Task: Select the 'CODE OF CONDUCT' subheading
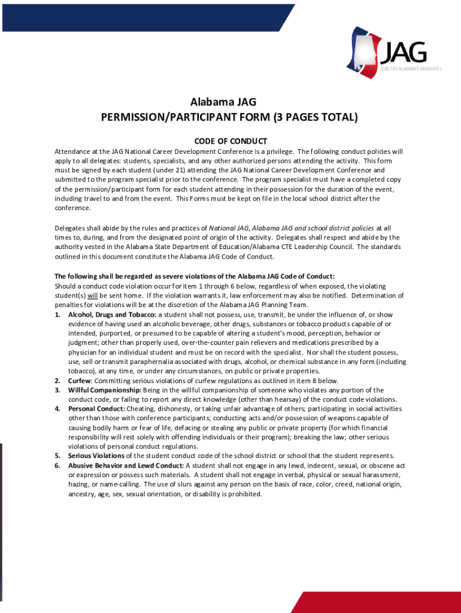coord(230,141)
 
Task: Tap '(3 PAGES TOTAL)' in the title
coord(316,117)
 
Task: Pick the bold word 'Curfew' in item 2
coord(79,381)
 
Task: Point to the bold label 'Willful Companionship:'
coord(104,390)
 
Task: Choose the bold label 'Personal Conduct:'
coord(96,409)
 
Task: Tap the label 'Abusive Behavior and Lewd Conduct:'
coord(126,465)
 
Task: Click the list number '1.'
coord(57,314)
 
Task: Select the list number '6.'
coord(57,465)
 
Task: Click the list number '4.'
coord(57,409)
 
